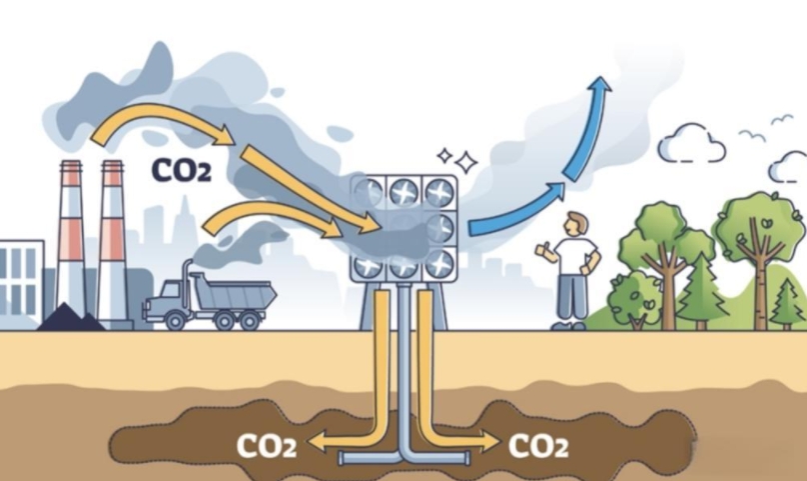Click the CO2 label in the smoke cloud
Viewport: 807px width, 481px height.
coord(181,170)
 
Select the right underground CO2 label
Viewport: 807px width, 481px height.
coord(539,445)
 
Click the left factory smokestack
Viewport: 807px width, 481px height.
coord(70,240)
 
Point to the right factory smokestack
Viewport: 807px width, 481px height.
coord(111,240)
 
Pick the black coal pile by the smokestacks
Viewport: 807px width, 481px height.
coord(71,318)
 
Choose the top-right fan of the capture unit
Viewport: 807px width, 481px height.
coord(437,192)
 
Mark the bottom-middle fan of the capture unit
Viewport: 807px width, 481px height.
coord(403,266)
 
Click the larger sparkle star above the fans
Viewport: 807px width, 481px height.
coord(465,161)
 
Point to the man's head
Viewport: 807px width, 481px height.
coord(574,223)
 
